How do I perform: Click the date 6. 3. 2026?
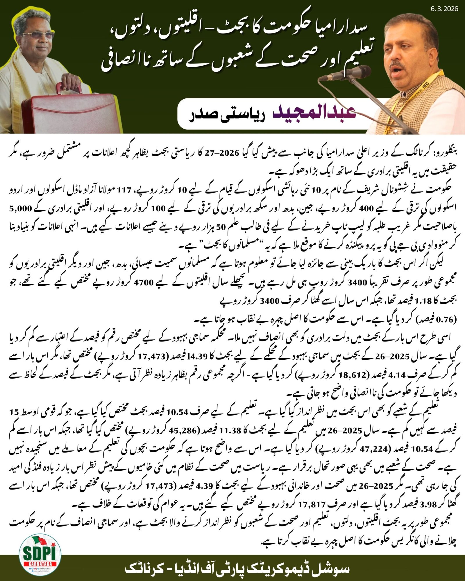(x=444, y=9)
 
